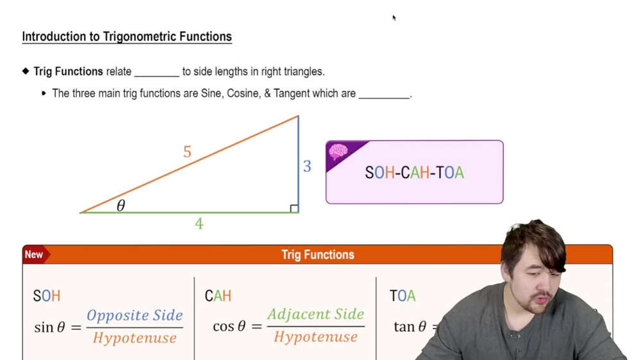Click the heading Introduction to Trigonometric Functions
pos(127,37)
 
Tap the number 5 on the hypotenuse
pos(187,152)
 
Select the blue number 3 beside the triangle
pos(307,167)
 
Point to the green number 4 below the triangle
pos(199,224)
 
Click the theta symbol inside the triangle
pos(121,206)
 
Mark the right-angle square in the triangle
pos(294,208)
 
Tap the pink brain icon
pos(338,152)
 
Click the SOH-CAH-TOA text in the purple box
pos(414,172)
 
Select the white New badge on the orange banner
pos(34,254)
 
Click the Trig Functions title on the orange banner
pos(318,254)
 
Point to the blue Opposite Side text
pos(135,315)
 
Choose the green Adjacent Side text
pos(316,314)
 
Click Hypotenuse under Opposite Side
pos(135,338)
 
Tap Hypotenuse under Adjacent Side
pos(316,337)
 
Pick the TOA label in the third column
pos(403,296)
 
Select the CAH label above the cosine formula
pos(218,296)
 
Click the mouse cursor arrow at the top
pos(394,18)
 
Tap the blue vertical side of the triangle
pos(298,163)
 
